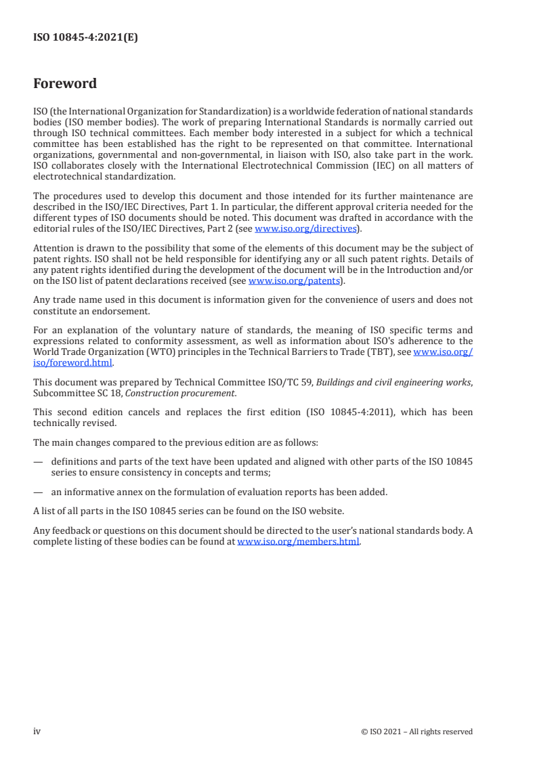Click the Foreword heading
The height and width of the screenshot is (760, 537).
pyautogui.click(x=65, y=84)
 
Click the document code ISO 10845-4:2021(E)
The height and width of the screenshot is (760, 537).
pyautogui.click(x=85, y=38)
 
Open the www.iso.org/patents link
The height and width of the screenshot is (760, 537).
pyautogui.click(x=294, y=280)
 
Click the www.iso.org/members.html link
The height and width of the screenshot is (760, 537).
pyautogui.click(x=298, y=542)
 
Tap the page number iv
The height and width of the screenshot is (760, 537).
pyautogui.click(x=37, y=731)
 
